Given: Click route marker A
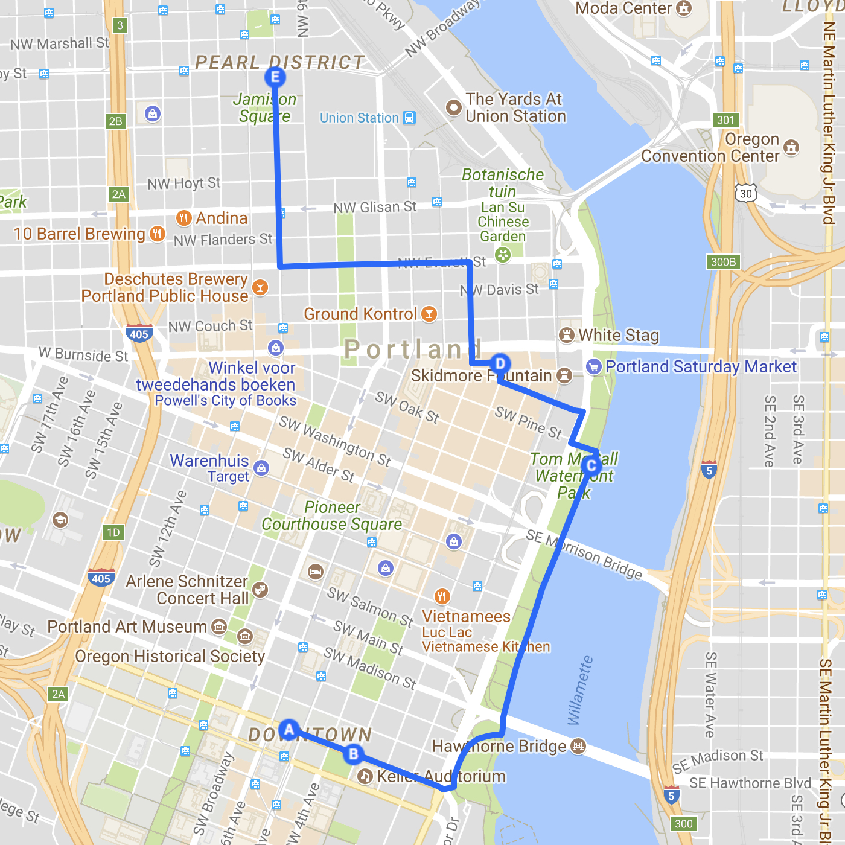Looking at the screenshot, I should [289, 730].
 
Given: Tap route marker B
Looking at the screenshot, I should [354, 754].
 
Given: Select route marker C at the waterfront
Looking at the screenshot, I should [591, 465].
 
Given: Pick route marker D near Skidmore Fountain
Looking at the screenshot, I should [500, 364].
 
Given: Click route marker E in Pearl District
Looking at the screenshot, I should [275, 77].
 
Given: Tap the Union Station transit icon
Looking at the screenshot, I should [409, 118].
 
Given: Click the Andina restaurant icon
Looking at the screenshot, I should [183, 218].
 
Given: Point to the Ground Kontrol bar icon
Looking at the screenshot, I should [429, 314].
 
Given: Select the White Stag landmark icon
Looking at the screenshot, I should [566, 335].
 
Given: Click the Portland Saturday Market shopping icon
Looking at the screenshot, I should [594, 366].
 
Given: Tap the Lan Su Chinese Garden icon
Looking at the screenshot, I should [503, 255].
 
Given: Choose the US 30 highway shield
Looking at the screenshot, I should [746, 193].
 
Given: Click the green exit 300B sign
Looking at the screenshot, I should [723, 262].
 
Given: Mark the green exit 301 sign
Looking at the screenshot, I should [725, 120].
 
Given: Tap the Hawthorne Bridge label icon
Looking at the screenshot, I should [578, 747].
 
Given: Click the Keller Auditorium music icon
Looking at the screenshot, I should [365, 776].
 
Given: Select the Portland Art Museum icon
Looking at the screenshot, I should [219, 627].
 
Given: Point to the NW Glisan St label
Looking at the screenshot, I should [375, 208].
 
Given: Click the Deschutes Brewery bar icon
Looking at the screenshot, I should [260, 287].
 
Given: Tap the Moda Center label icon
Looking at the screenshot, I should [684, 8].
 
